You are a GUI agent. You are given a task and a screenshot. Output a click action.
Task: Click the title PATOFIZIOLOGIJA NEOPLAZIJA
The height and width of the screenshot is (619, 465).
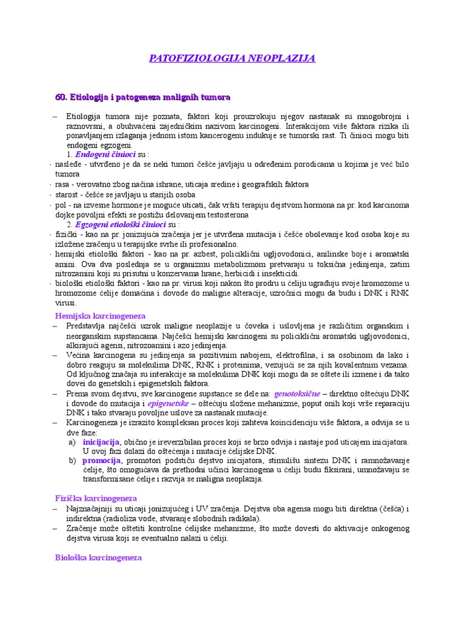(232, 58)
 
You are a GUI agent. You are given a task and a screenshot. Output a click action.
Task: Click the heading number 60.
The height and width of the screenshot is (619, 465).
(61, 97)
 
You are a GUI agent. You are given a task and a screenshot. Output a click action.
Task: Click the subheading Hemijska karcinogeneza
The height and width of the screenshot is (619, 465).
(100, 316)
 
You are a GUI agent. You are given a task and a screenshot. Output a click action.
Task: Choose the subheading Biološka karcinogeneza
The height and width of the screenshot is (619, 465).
(98, 558)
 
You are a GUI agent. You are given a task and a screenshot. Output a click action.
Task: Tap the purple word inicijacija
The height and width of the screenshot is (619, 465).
(102, 442)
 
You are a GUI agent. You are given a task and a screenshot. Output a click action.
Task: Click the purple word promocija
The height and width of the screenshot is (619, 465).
(101, 460)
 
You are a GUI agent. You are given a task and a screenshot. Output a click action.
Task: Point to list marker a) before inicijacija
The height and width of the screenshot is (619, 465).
(72, 442)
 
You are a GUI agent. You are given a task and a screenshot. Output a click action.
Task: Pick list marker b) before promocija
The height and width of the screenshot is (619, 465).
(72, 460)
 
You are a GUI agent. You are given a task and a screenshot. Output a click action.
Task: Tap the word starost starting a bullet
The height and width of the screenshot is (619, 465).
(67, 194)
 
